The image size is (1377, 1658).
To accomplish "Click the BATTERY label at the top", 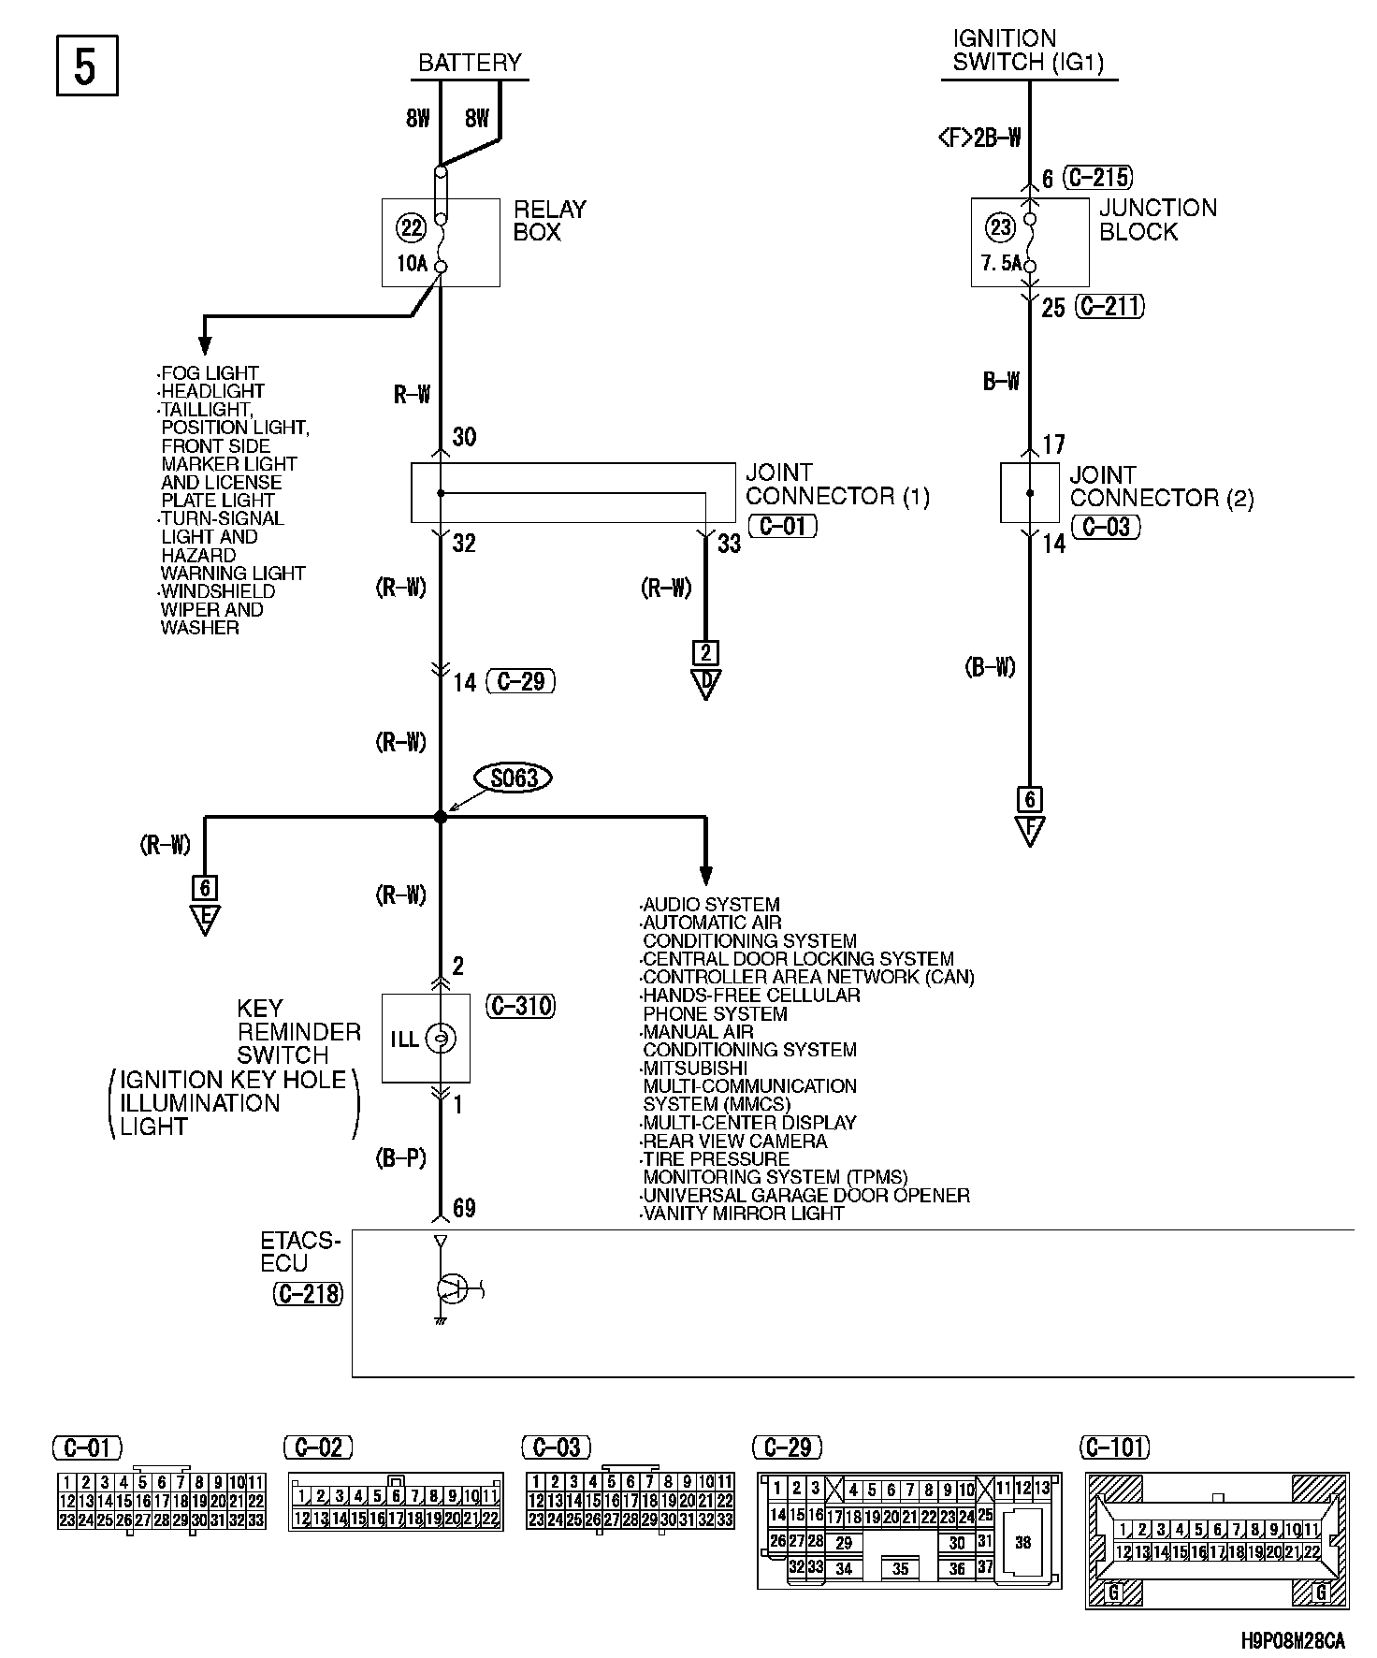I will coord(470,63).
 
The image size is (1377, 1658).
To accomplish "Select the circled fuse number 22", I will coord(412,227).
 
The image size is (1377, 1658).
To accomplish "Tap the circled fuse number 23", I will coord(1001,227).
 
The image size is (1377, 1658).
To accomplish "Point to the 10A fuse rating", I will coord(412,264).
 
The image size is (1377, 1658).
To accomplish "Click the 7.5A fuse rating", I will coord(1001,264).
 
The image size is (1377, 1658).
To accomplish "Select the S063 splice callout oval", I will coord(514,778).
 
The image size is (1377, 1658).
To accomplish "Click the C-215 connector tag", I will coord(1099,177).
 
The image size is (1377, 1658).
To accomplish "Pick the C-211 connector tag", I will coord(1109,306).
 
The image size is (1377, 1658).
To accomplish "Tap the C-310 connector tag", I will coord(521,1006).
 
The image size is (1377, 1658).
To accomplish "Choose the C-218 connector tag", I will coord(309,1294).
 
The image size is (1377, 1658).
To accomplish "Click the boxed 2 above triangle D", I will coord(705,652).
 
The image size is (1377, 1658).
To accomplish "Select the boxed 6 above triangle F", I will coord(1029,799).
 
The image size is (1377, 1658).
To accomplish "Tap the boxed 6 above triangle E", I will coord(204,887).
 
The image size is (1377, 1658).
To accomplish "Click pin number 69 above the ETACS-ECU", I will coord(464,1208).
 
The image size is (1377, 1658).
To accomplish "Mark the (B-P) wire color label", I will coord(400,1158).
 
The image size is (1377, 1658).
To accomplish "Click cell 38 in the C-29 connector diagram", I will coord(1022,1541).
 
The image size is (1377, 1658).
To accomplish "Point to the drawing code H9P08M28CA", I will coord(1294,1640).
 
